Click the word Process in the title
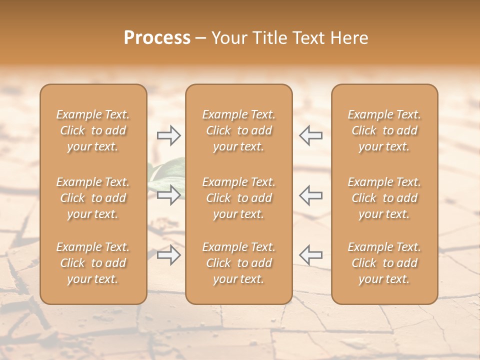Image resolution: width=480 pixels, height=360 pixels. (157, 38)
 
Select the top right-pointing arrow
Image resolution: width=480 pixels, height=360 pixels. (168, 135)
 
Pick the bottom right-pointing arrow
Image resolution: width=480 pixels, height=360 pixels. (168, 255)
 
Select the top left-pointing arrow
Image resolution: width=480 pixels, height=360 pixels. (311, 135)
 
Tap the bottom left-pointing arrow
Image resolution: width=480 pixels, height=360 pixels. (311, 255)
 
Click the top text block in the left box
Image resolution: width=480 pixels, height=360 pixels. (93, 130)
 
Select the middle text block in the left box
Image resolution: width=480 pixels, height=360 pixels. (93, 198)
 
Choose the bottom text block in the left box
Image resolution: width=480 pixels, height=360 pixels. (93, 263)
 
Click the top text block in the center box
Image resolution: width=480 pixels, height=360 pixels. (239, 130)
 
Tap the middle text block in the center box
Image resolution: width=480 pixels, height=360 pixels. (239, 198)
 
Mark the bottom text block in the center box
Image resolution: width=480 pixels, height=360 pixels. (239, 263)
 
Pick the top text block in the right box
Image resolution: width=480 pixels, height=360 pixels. (384, 130)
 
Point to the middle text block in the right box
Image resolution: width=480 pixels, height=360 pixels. (384, 198)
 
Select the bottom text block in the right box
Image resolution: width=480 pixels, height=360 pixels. (384, 263)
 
